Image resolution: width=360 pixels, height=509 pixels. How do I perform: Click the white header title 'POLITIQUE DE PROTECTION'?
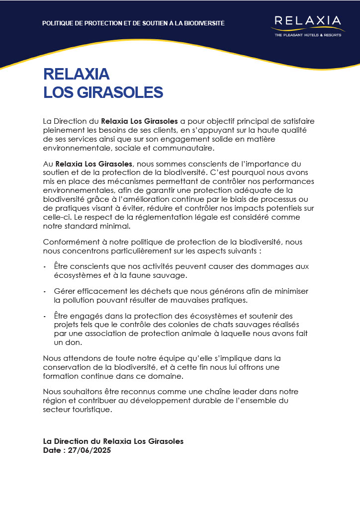[x=133, y=23]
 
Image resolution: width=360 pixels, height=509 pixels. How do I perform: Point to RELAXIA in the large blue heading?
[x=77, y=74]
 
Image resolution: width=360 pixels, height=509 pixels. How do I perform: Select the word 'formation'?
[x=65, y=376]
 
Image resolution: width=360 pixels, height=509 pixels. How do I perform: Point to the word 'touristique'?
[x=93, y=410]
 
